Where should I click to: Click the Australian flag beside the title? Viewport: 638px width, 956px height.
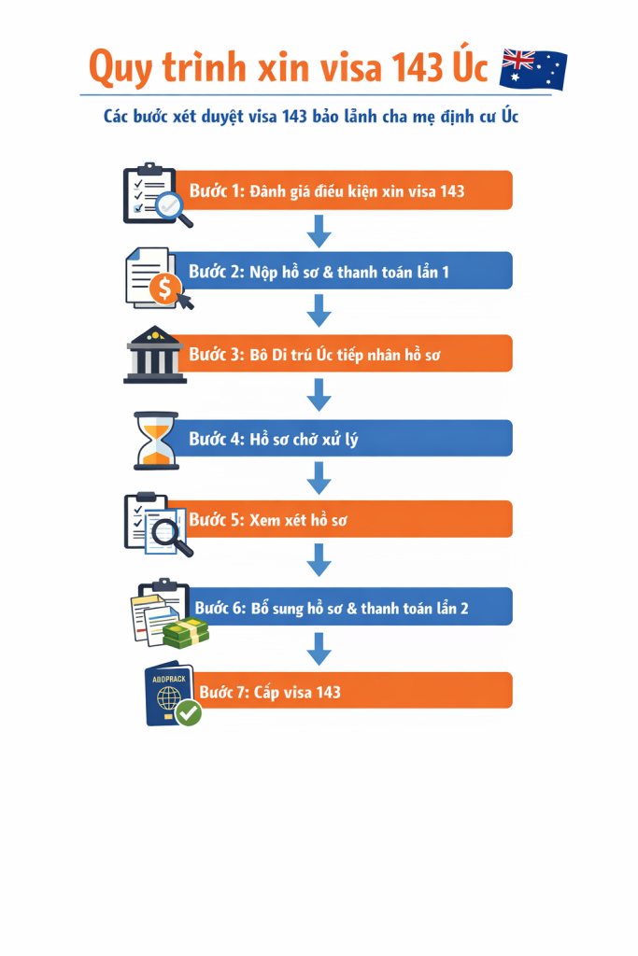click(533, 69)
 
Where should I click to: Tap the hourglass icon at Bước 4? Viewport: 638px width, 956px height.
click(156, 441)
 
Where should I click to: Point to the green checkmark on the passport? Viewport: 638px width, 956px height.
click(189, 712)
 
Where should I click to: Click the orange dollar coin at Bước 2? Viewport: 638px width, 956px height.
click(164, 288)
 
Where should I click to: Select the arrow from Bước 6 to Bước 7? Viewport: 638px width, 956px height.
click(319, 650)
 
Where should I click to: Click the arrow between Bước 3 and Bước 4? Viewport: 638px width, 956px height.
click(319, 395)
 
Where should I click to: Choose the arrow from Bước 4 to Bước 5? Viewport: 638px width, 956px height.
click(319, 478)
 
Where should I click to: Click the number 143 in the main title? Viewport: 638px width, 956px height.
click(418, 67)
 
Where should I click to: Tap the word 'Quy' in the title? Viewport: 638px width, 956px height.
click(121, 68)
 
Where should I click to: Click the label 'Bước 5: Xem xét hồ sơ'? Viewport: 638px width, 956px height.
click(268, 520)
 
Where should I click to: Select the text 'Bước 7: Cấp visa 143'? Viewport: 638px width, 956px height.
click(270, 692)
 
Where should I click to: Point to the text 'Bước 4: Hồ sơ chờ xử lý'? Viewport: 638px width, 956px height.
click(274, 439)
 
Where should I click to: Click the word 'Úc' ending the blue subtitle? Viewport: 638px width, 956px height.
click(510, 115)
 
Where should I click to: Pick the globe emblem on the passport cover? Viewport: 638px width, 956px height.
click(168, 697)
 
